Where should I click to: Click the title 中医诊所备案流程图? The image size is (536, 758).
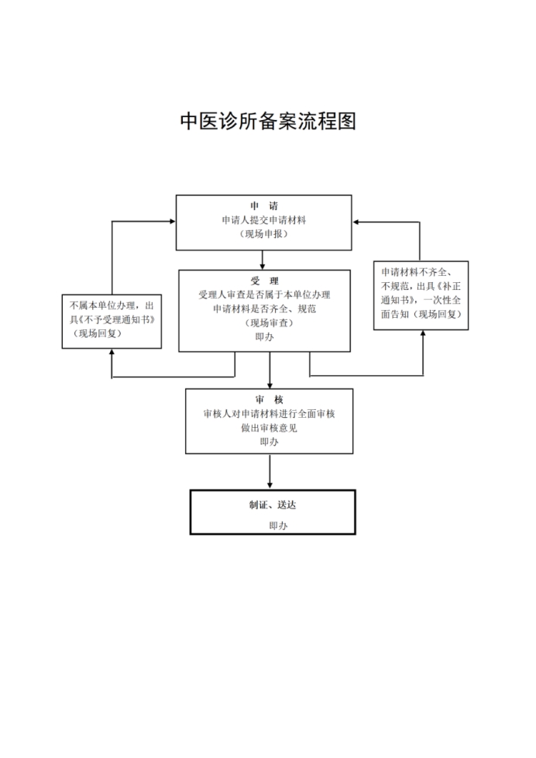click(x=268, y=122)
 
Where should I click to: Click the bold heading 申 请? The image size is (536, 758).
click(x=264, y=206)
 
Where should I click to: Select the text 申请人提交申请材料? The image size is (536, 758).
click(x=264, y=220)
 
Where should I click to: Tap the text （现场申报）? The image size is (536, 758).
click(x=264, y=234)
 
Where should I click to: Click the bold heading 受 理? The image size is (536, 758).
click(x=264, y=281)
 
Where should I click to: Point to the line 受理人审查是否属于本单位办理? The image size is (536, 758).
click(x=264, y=295)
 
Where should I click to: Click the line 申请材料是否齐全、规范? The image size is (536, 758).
click(x=264, y=309)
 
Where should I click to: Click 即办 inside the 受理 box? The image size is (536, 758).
click(x=264, y=337)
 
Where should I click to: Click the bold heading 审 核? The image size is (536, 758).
click(x=270, y=400)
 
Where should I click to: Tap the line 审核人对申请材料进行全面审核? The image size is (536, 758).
click(x=270, y=414)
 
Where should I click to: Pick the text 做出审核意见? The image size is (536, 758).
click(x=270, y=428)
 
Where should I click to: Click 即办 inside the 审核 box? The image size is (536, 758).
click(x=270, y=442)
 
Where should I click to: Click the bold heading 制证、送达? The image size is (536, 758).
click(x=273, y=505)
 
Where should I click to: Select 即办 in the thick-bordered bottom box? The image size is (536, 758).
click(x=278, y=526)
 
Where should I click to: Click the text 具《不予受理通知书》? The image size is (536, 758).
click(x=112, y=319)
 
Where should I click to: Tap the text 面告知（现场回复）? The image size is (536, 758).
click(x=421, y=314)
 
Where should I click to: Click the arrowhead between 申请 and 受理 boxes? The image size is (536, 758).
click(x=263, y=267)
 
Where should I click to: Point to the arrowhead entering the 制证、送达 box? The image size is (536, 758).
click(x=270, y=485)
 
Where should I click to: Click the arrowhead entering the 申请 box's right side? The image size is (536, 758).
click(x=356, y=222)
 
